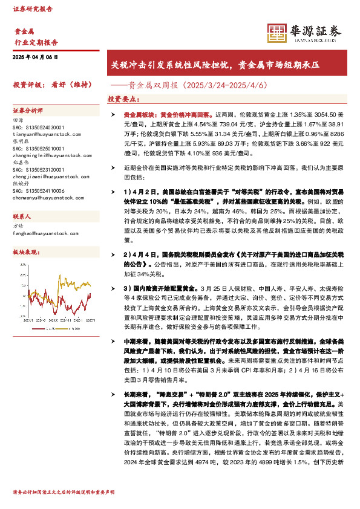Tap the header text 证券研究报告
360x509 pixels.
[x=33, y=9]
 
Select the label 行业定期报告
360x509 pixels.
[x=36, y=42]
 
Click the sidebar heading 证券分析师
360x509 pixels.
[x=28, y=111]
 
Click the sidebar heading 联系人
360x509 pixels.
[x=23, y=216]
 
